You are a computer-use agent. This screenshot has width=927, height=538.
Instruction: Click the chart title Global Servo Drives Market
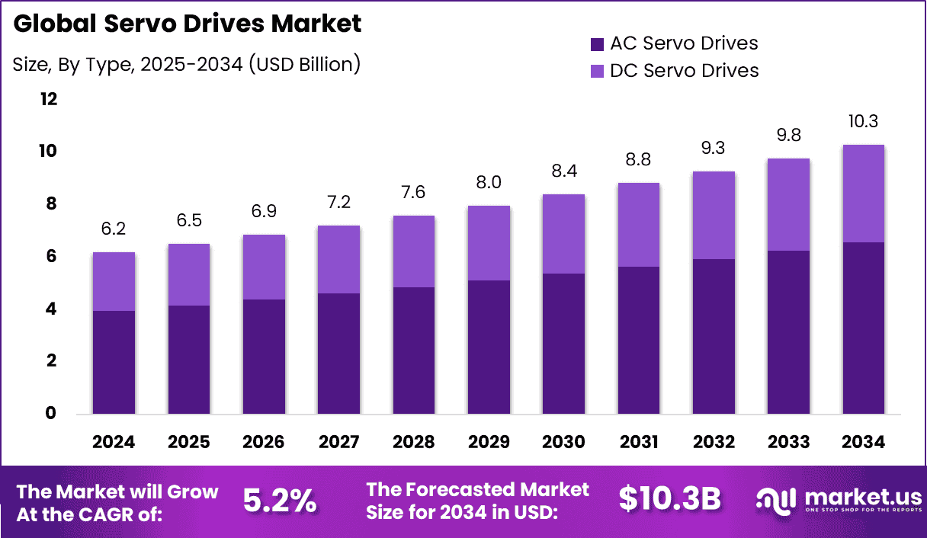pos(188,24)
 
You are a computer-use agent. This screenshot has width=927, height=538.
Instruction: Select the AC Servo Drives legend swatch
pos(596,43)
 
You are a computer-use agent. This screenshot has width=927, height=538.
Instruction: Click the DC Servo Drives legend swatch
pos(596,71)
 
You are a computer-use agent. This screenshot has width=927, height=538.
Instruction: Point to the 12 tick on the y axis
pos(47,99)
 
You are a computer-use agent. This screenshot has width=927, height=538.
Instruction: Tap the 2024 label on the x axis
pos(114,443)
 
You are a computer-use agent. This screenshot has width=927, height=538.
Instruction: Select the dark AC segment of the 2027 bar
pos(338,354)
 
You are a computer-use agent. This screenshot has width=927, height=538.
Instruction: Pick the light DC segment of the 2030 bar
pos(563,234)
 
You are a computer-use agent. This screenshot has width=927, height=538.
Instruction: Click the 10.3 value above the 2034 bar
pos(863,121)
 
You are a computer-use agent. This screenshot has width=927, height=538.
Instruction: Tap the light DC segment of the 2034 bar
pos(863,194)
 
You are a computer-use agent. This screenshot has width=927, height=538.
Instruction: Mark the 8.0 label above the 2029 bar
pos(489,182)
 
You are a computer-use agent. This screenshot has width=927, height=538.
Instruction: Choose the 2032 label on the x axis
pos(713,443)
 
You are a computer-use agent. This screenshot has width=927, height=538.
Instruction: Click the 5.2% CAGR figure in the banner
pos(280,500)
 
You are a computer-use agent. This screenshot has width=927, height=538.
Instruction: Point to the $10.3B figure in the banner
pos(669,499)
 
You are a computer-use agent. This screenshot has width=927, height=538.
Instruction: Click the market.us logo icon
pos(776,500)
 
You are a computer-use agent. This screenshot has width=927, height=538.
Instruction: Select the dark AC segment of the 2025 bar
pos(189,360)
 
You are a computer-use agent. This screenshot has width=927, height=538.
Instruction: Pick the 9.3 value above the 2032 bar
pos(713,149)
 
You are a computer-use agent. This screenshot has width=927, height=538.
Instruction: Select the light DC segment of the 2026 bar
pos(264,267)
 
